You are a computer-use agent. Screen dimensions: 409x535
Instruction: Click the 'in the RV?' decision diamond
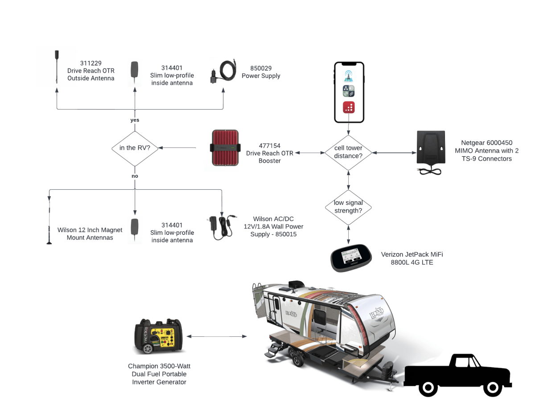pos(135,148)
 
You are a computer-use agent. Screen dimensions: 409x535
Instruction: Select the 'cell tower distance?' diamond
pos(348,152)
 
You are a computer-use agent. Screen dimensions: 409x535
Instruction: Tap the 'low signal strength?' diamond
pos(348,207)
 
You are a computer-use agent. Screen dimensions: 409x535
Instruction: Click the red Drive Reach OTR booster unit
pos(225,147)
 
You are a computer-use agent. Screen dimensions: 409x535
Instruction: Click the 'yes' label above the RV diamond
pos(135,120)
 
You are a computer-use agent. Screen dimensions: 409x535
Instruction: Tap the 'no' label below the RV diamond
pos(135,176)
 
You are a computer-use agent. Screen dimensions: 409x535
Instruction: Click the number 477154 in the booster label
pos(270,146)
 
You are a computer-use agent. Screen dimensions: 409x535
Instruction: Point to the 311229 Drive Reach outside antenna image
pos(56,67)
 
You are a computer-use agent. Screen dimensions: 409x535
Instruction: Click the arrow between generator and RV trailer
pos(217,336)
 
